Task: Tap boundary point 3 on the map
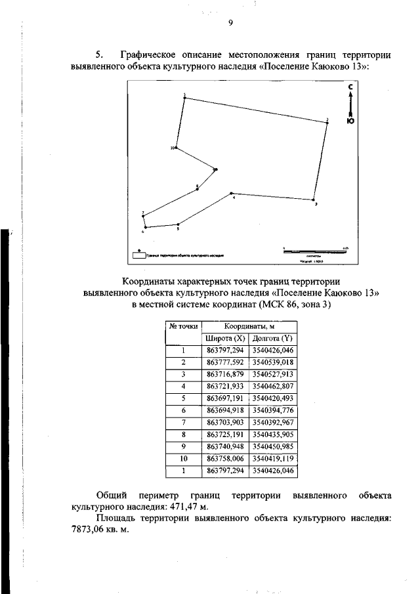click(x=314, y=200)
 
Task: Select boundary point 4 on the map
click(x=231, y=194)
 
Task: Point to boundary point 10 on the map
click(x=177, y=148)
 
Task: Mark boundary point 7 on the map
click(x=143, y=216)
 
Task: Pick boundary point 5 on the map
click(x=178, y=225)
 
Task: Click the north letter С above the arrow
click(x=351, y=87)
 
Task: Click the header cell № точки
click(x=184, y=326)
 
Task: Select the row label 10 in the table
click(x=184, y=459)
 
